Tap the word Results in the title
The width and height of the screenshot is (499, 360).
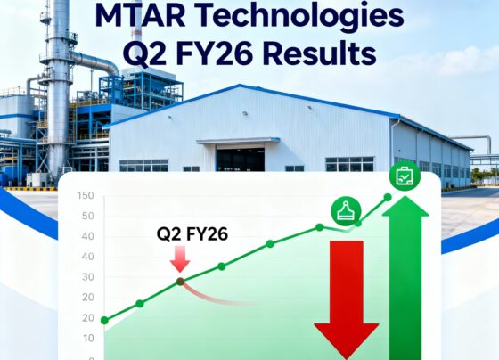309,54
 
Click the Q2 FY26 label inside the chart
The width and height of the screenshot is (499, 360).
192,235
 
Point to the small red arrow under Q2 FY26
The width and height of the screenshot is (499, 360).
180,259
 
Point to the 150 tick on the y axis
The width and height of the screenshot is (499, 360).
86,196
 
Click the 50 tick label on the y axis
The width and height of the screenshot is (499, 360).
88,217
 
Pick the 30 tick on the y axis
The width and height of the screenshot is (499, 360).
88,277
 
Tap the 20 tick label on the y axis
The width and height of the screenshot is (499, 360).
88,318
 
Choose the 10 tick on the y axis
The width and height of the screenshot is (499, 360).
88,339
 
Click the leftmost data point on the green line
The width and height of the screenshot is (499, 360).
104,320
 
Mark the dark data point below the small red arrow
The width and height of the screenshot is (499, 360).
180,282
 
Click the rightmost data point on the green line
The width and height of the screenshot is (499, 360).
387,197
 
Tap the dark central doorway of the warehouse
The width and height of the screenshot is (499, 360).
241,160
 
